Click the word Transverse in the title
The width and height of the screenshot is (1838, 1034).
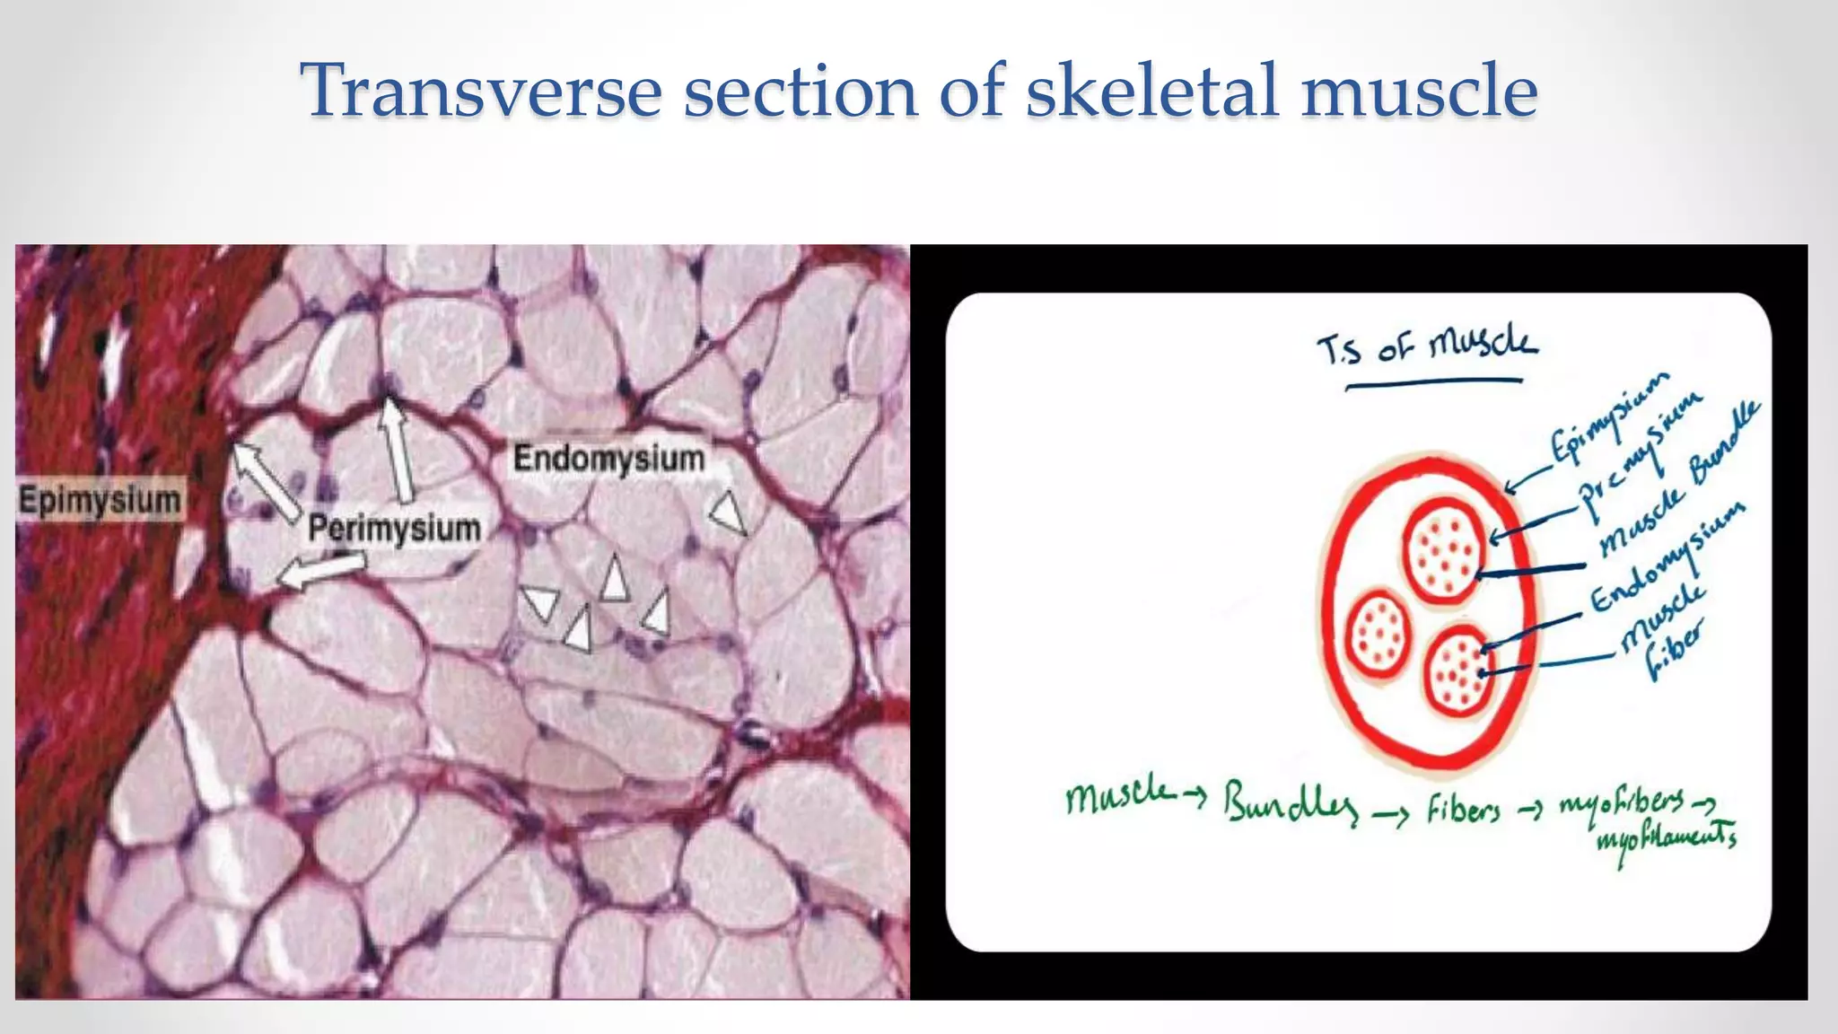click(x=480, y=91)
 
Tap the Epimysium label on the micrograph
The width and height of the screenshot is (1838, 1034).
click(x=100, y=500)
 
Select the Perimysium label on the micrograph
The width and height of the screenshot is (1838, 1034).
click(x=394, y=528)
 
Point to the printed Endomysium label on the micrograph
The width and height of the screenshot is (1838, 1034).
click(x=608, y=459)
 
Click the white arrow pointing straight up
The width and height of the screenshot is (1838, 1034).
click(x=396, y=449)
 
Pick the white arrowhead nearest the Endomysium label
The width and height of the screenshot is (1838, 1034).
click(x=729, y=513)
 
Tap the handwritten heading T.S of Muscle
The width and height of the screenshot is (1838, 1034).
click(x=1428, y=346)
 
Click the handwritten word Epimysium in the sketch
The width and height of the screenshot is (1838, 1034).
click(x=1611, y=420)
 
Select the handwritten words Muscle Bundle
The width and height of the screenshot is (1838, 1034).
click(x=1678, y=480)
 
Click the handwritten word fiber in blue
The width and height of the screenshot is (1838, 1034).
click(x=1674, y=650)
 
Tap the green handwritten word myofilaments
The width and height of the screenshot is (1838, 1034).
click(x=1666, y=842)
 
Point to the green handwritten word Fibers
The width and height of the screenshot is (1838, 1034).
click(x=1463, y=811)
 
